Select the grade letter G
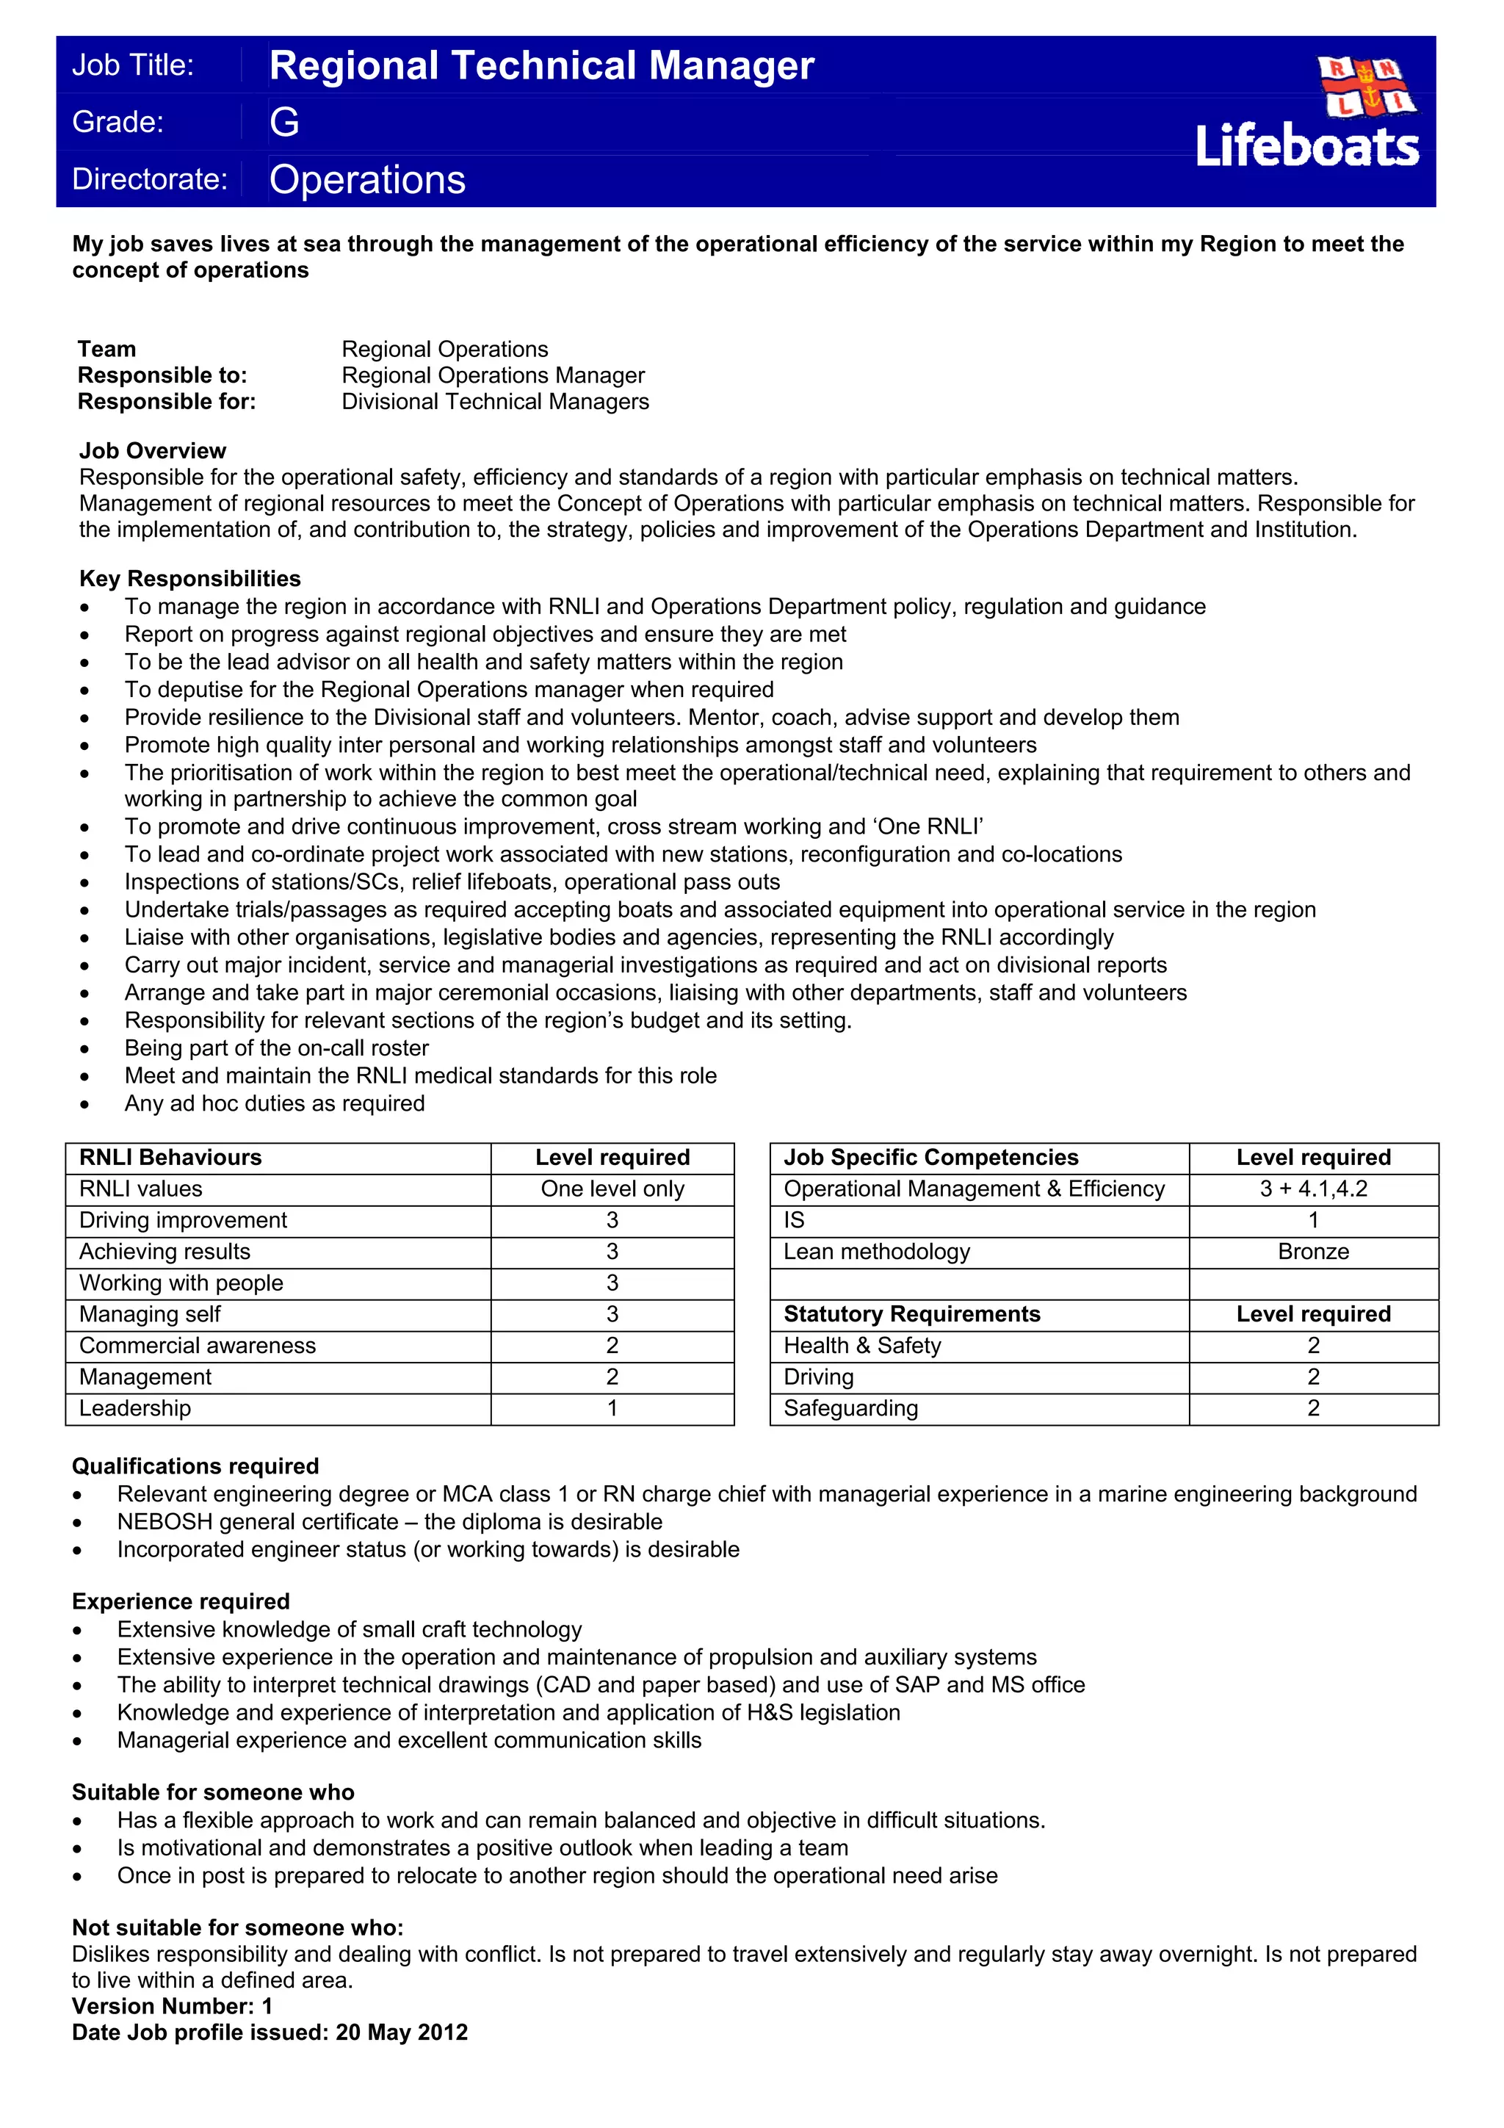pos(284,123)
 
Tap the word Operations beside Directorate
pos(367,180)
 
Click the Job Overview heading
pos(152,450)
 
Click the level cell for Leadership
pos(612,1408)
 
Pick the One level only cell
pos(612,1189)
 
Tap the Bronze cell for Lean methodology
pos(1313,1252)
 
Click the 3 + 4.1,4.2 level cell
pos(1313,1189)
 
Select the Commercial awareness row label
pos(198,1346)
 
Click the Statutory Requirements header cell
pos(912,1314)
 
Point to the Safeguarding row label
pos(850,1408)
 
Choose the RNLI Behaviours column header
pos(170,1158)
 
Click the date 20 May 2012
pos(401,2033)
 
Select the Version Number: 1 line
pos(173,2007)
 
